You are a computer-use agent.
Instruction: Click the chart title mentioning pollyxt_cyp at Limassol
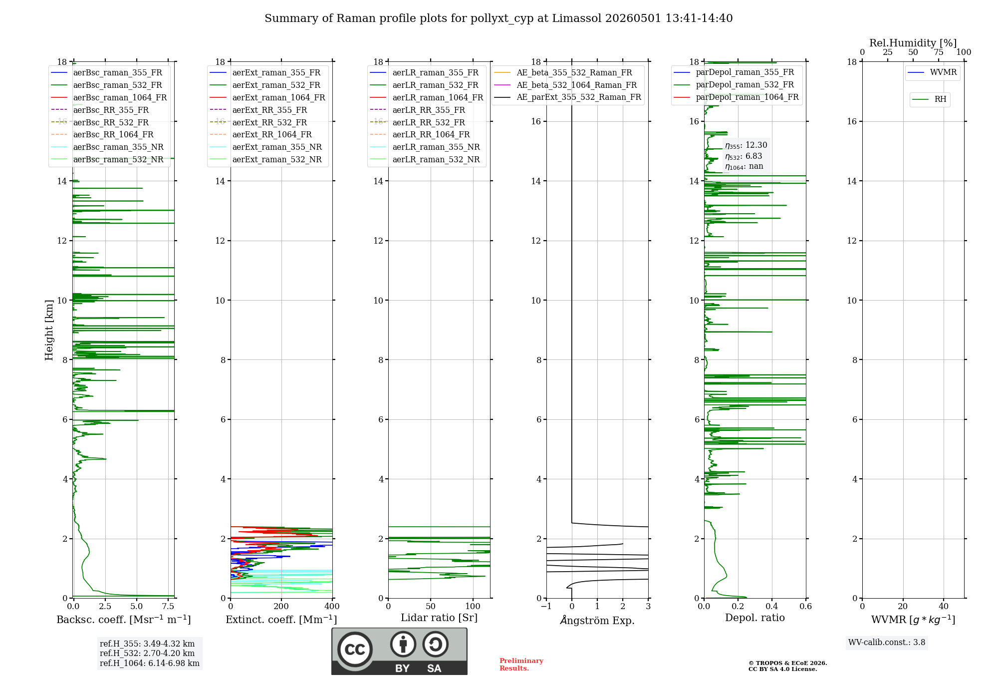499,18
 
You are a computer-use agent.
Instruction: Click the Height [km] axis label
49,330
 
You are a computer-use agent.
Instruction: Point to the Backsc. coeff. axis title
124,620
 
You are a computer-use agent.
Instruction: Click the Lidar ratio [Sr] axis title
439,618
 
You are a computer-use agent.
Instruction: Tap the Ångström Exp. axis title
597,620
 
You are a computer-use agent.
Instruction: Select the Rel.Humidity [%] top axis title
913,43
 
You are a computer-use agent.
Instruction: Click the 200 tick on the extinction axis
281,606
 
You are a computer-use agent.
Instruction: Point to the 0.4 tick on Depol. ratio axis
772,606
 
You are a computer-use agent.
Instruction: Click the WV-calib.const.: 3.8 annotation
887,643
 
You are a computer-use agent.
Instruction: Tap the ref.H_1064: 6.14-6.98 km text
150,664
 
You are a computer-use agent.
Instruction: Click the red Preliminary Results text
521,665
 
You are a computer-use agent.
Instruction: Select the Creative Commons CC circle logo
355,650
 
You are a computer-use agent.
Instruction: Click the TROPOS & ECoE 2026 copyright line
788,663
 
